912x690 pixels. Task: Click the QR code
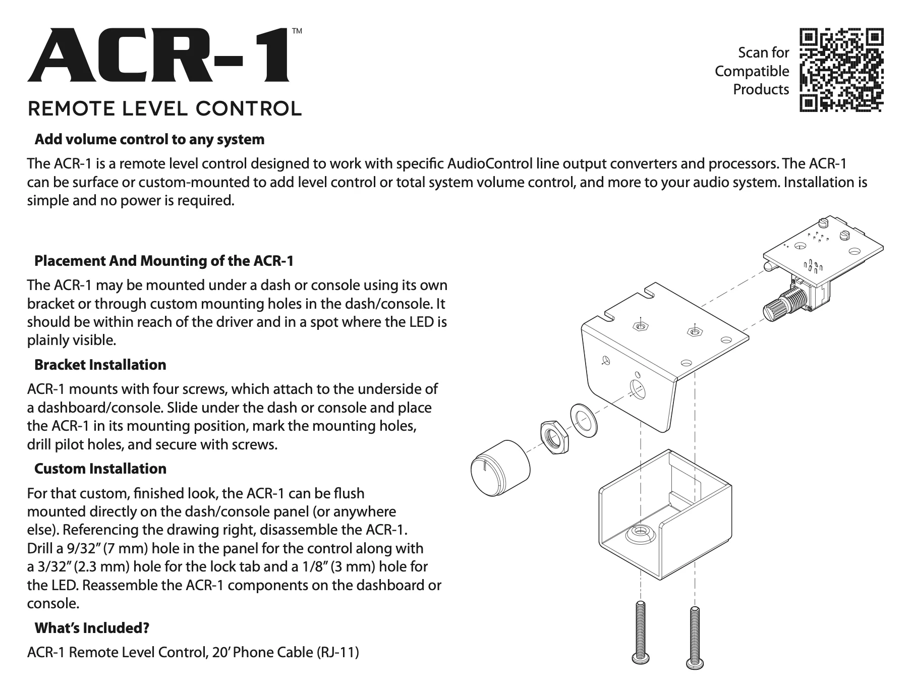pyautogui.click(x=841, y=70)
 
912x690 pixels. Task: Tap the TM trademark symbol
pyautogui.click(x=297, y=31)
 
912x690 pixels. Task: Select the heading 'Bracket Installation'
pyautogui.click(x=100, y=365)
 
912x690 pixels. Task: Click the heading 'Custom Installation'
pyautogui.click(x=100, y=469)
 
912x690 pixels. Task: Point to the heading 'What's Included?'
pyautogui.click(x=91, y=628)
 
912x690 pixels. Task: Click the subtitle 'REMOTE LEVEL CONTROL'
pyautogui.click(x=164, y=108)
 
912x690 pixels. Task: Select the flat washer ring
pyautogui.click(x=583, y=420)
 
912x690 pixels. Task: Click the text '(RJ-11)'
pyautogui.click(x=337, y=652)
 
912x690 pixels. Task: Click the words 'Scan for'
pyautogui.click(x=763, y=52)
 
